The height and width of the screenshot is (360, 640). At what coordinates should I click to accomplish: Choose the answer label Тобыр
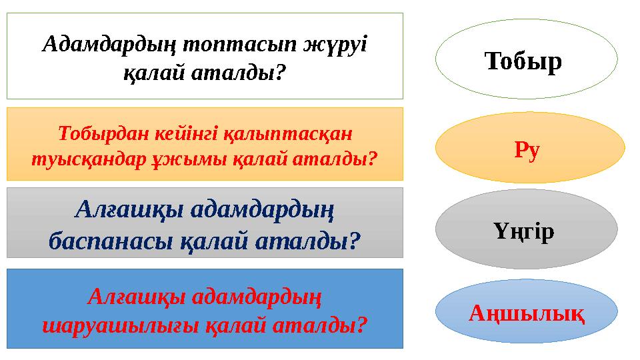(523, 61)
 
